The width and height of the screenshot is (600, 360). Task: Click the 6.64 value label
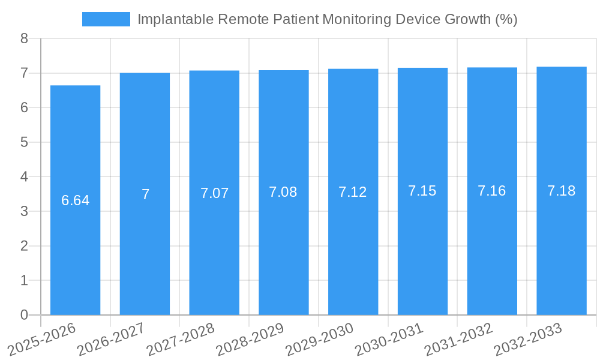tap(75, 200)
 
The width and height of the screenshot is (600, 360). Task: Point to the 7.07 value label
tap(214, 193)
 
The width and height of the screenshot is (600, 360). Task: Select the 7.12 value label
tap(353, 192)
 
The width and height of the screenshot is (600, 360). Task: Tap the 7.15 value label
tap(422, 191)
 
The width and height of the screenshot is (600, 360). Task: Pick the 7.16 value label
tap(491, 191)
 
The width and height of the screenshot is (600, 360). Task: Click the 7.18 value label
tap(561, 191)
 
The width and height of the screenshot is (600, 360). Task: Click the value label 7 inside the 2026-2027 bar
tap(145, 194)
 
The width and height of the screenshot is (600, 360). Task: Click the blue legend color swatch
tap(106, 19)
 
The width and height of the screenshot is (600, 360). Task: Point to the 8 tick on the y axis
tap(24, 38)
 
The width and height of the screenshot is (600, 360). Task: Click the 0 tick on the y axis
tap(24, 315)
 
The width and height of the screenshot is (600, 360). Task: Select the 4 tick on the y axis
tap(24, 177)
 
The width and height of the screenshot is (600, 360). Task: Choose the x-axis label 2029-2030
tap(320, 339)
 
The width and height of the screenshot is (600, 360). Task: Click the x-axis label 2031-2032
tap(459, 339)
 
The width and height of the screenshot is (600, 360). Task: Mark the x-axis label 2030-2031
tap(389, 339)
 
